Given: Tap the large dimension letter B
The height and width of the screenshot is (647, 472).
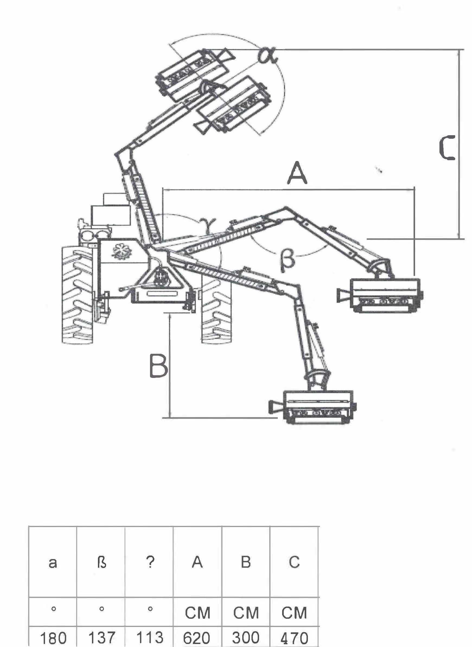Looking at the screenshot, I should tap(158, 366).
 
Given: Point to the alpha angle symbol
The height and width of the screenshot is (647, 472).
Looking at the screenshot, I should tap(267, 56).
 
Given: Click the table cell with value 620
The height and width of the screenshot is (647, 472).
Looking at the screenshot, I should tap(197, 638).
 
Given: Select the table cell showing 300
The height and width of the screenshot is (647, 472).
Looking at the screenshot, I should tap(245, 638).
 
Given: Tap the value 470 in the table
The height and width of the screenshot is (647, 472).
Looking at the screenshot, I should tap(294, 638).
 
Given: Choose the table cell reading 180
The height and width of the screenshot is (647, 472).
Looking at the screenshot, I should tap(53, 638).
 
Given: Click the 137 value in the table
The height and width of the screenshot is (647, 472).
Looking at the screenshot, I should tap(101, 638).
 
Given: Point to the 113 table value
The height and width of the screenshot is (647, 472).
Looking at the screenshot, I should tap(150, 638).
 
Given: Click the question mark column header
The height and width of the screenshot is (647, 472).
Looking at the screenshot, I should tap(150, 562).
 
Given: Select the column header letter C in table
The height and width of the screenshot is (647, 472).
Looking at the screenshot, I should tap(294, 562).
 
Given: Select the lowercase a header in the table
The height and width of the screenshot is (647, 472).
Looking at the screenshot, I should tap(53, 563).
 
